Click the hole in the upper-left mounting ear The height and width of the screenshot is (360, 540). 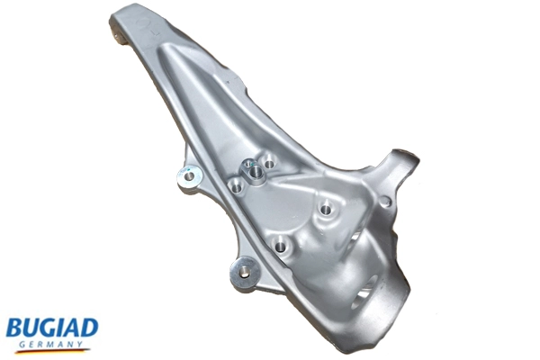(187, 175)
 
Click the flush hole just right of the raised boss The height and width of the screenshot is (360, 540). (269, 166)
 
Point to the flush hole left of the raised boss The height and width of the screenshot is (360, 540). (236, 187)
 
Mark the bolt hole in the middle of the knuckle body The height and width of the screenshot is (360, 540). (326, 211)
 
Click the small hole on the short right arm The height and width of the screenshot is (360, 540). (385, 202)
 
